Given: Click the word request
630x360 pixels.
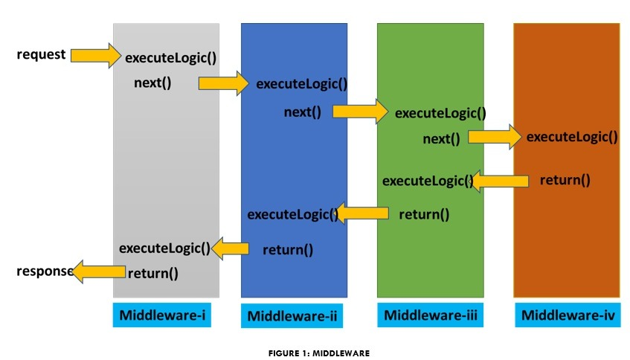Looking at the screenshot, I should [x=42, y=55].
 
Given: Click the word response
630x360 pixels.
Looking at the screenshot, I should [x=44, y=271].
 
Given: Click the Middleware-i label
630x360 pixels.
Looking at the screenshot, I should [x=161, y=315].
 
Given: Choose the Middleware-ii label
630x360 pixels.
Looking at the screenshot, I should [x=292, y=316].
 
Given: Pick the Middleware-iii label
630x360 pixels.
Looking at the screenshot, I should [x=429, y=315].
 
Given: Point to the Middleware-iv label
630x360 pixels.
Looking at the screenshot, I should [x=568, y=315].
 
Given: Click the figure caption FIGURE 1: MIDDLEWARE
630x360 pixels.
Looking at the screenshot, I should [x=318, y=353].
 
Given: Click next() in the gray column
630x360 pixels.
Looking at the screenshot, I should [x=152, y=83].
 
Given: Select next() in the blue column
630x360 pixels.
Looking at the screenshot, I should [x=302, y=112].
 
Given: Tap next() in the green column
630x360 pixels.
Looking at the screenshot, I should [x=441, y=138].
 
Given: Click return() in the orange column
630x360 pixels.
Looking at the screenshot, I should [x=565, y=179].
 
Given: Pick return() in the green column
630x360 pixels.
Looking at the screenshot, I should [x=424, y=215].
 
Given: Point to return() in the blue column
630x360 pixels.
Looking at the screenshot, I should [x=288, y=250].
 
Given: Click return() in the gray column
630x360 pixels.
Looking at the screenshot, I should [x=152, y=273].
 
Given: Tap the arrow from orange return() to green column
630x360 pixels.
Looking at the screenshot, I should [x=500, y=180].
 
